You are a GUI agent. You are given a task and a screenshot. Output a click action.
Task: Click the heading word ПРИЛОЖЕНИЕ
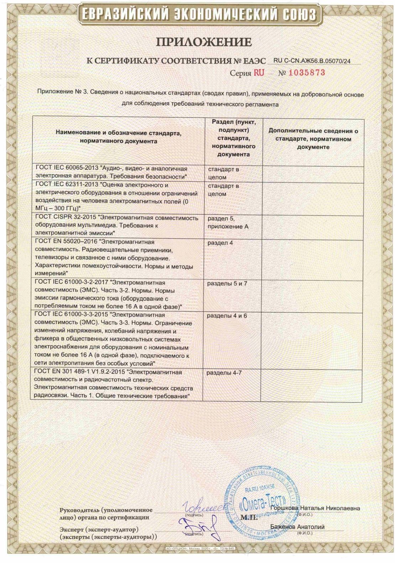click(204, 42)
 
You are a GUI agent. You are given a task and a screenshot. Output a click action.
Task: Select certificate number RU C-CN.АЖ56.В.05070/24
click(312, 61)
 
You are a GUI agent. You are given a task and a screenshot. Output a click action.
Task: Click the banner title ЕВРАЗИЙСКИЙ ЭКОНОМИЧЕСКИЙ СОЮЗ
click(198, 15)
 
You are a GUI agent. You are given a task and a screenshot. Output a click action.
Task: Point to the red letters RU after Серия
click(259, 73)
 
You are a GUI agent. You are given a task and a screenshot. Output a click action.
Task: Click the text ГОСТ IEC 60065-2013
click(67, 169)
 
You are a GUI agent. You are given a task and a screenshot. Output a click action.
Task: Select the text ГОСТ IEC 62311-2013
click(67, 185)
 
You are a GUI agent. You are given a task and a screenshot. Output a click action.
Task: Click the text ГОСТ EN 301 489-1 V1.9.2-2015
click(80, 372)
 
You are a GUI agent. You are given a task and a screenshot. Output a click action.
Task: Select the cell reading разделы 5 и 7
click(227, 283)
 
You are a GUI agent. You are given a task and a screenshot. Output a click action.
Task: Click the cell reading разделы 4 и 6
click(227, 316)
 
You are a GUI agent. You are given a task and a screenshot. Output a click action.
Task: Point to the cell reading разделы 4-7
click(224, 373)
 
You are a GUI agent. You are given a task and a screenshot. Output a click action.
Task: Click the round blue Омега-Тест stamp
click(261, 502)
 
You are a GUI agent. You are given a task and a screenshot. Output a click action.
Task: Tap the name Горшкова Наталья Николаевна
click(315, 508)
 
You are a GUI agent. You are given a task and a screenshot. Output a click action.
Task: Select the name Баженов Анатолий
click(297, 527)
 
